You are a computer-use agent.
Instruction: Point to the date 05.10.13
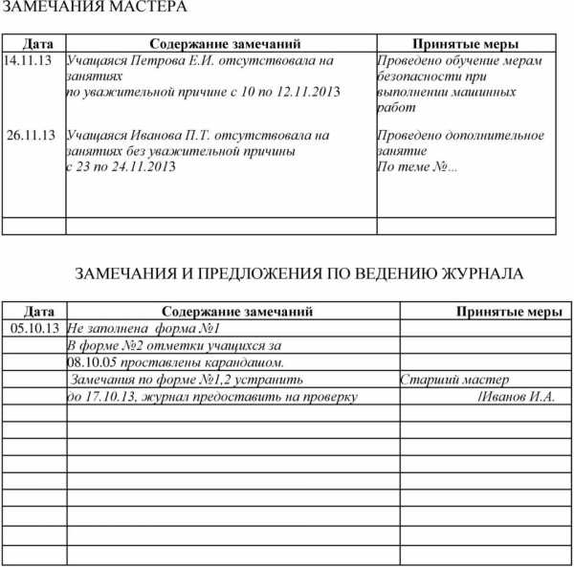pos(34,328)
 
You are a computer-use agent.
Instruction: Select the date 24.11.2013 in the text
pos(130,167)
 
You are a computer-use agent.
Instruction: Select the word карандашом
pos(244,362)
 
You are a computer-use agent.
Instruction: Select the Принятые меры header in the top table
pos(465,44)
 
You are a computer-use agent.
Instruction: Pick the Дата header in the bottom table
pos(39,312)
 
